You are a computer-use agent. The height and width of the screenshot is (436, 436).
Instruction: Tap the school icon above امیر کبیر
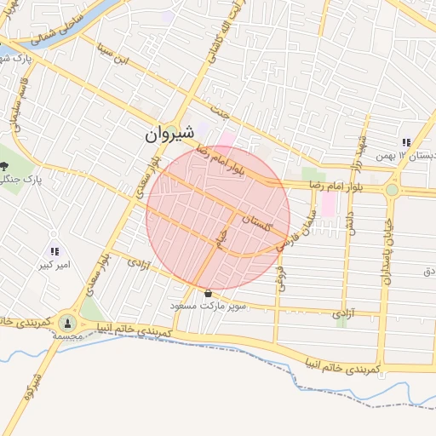point(55,251)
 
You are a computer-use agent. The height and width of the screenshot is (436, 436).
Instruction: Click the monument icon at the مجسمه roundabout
point(67,323)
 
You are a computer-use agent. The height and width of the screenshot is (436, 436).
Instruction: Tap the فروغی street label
point(283,271)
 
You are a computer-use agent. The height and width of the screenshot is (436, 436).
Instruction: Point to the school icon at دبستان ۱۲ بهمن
point(406,143)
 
